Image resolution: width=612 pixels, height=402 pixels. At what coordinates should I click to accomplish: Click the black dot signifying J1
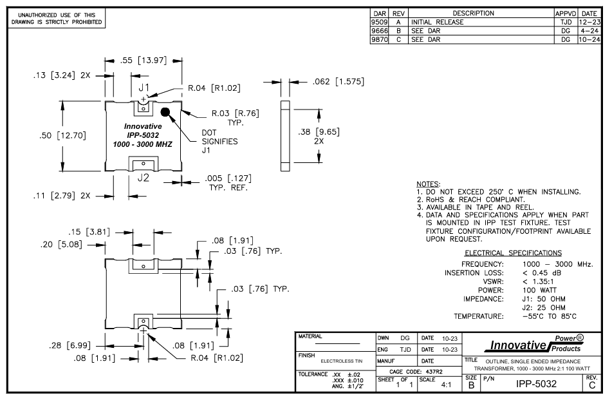coord(166,112)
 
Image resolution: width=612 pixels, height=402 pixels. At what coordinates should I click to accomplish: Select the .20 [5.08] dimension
coord(46,245)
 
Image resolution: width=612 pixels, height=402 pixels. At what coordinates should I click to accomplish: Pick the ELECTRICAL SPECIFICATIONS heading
coord(513,253)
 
